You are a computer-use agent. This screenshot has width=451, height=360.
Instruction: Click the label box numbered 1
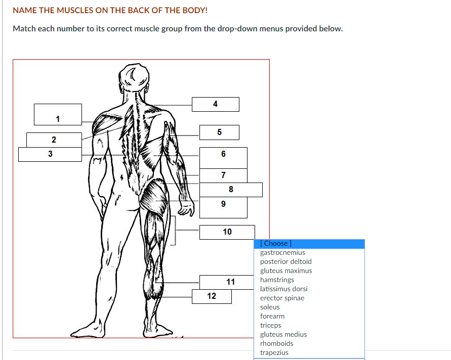point(58,114)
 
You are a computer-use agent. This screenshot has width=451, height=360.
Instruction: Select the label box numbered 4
point(216,104)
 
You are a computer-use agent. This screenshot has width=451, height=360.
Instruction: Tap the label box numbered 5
point(219,132)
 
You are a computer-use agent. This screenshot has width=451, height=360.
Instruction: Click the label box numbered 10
point(227,232)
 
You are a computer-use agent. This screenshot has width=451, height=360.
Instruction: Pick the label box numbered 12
point(212,296)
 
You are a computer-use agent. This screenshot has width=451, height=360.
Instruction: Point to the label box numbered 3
point(50,154)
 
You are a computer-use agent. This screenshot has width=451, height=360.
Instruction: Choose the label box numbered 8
point(231,190)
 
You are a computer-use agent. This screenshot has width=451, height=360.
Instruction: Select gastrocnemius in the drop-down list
point(282,252)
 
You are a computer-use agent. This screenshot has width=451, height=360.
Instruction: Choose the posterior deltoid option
point(285,261)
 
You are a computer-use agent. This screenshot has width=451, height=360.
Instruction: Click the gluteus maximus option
point(286,271)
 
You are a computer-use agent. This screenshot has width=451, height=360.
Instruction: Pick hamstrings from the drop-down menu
point(277,280)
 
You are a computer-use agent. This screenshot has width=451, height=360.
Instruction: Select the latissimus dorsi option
point(283,289)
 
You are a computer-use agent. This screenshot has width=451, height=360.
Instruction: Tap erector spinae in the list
point(282,298)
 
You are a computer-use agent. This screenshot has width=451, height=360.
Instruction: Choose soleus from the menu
point(270,307)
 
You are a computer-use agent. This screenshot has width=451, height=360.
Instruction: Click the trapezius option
point(274,352)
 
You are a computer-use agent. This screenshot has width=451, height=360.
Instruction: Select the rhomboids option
point(277,343)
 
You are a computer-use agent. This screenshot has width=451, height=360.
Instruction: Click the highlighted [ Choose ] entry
point(309,244)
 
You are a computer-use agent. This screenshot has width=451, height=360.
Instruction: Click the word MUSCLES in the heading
point(75,10)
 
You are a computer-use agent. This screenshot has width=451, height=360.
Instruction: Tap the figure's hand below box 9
point(186,208)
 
